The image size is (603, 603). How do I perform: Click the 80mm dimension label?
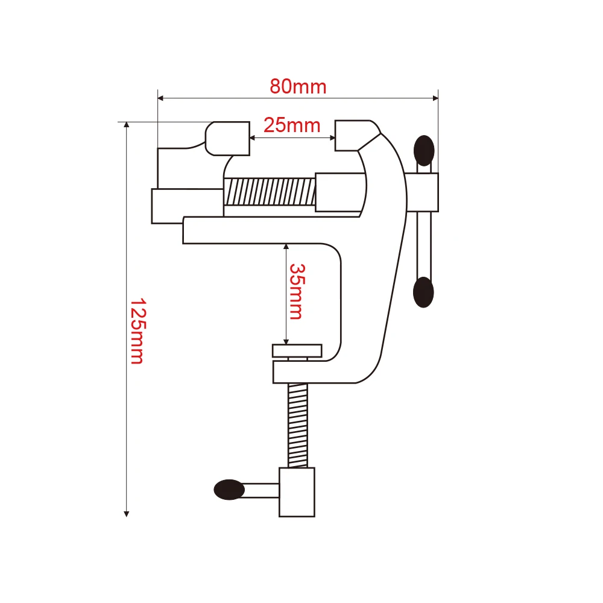[x=298, y=87]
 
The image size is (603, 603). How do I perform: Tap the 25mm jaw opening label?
[x=292, y=125]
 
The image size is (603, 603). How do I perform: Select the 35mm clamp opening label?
[x=296, y=291]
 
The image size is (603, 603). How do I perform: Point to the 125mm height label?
[x=137, y=331]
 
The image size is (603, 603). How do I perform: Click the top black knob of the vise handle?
[x=425, y=150]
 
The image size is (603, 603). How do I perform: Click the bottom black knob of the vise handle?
[x=423, y=292]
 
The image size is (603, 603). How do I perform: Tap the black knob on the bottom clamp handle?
[x=229, y=489]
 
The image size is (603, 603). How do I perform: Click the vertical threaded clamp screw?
[x=298, y=425]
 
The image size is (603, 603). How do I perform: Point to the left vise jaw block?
[x=228, y=138]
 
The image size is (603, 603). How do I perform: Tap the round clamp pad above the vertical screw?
[x=297, y=350]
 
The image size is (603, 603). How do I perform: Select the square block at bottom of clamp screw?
[x=297, y=492]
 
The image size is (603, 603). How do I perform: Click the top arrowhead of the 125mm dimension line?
[x=127, y=125]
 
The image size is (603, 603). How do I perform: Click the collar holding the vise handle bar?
[x=425, y=192]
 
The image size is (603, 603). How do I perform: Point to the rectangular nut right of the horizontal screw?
[x=339, y=192]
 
